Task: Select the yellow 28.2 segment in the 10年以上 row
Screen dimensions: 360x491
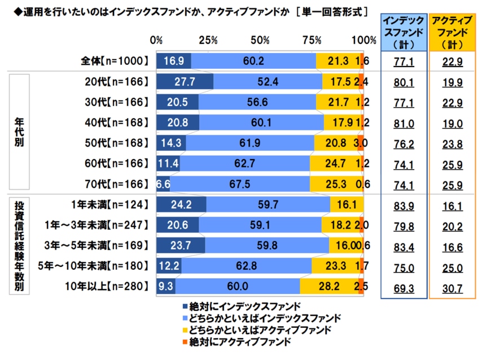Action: (328, 286)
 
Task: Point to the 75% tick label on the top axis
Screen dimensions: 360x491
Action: (312, 40)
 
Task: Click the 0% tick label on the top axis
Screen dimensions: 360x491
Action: (156, 40)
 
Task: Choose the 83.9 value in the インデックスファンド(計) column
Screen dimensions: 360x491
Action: (403, 204)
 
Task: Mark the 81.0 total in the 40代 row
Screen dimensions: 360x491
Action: (403, 122)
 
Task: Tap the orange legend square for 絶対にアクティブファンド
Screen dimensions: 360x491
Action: (185, 342)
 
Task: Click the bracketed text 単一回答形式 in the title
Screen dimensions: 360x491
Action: (332, 11)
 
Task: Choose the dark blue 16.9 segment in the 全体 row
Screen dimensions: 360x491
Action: (174, 61)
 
